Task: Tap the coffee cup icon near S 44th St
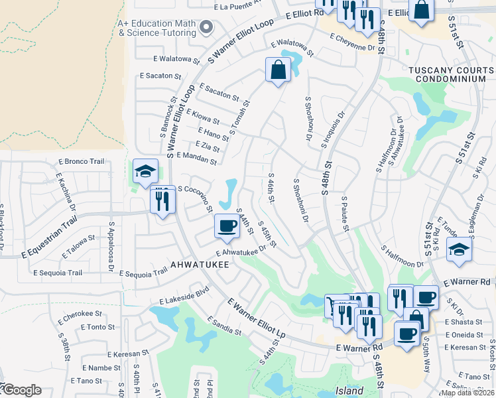227,226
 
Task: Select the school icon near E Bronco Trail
145,171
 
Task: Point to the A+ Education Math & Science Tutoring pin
206,27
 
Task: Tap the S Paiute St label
345,214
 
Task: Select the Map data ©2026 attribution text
467,393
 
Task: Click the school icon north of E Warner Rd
458,250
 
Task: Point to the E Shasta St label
465,322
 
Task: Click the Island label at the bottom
349,391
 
